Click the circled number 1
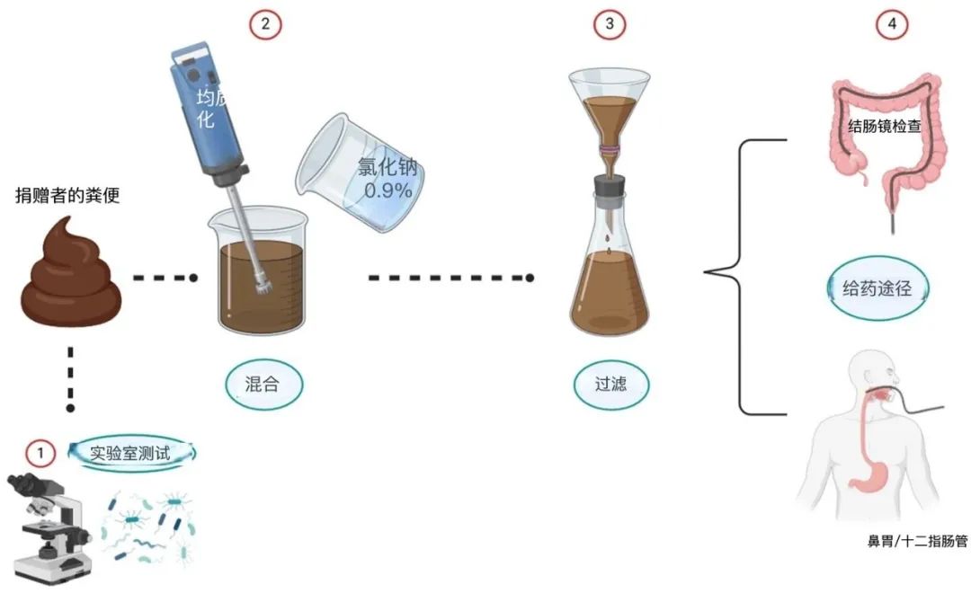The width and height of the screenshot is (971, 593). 40,454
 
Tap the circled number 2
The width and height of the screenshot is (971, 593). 265,24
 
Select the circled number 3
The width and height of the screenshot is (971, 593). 610,24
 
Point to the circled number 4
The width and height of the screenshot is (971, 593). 892,24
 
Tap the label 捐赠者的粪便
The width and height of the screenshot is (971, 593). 67,196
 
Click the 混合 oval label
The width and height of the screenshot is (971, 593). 263,385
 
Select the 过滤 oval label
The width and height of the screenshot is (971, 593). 611,385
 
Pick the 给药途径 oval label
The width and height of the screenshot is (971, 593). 877,288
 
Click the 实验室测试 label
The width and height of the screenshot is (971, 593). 130,454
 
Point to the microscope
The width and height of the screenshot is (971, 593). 49,527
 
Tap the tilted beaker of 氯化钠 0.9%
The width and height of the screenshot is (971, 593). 361,173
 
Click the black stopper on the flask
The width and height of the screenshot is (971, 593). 610,185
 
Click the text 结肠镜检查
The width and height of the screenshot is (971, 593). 885,127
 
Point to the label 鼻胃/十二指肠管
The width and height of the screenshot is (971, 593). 917,541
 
